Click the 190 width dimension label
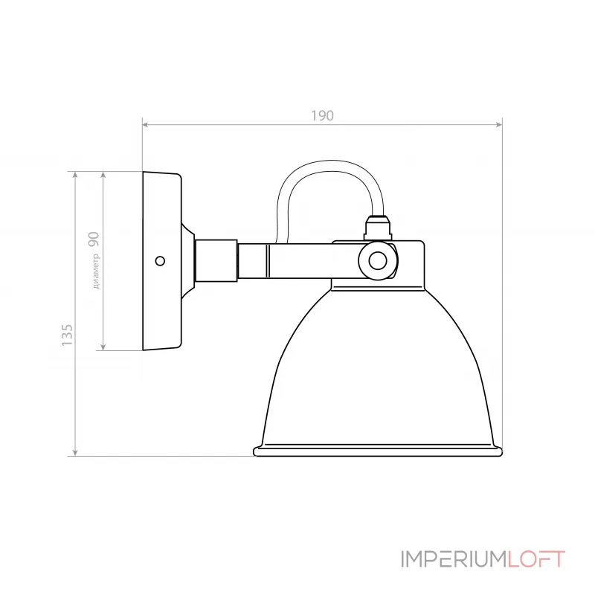(322, 115)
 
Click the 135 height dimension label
(68, 335)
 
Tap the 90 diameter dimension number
(94, 239)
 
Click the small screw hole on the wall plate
(159, 260)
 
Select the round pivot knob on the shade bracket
(378, 260)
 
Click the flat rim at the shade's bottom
(377, 451)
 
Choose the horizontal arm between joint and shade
(297, 260)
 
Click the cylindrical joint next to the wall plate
(216, 260)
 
